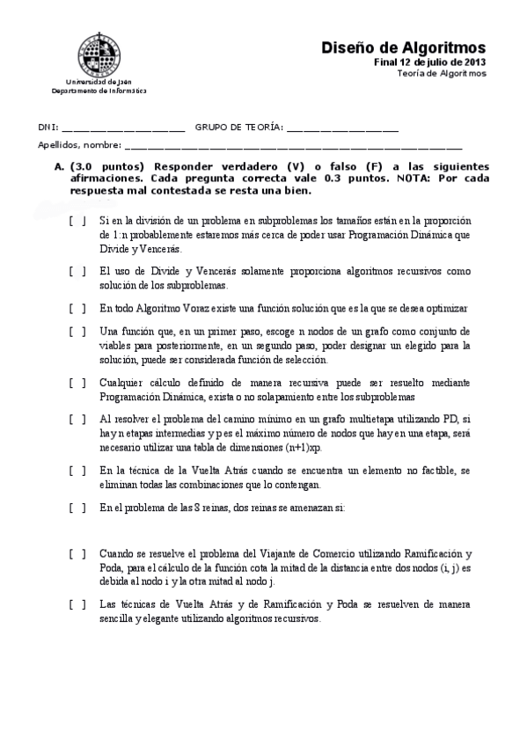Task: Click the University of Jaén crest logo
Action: (x=99, y=55)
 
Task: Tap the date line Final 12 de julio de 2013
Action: (x=429, y=62)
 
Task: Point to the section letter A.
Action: (x=59, y=165)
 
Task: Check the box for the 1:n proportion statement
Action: (x=77, y=221)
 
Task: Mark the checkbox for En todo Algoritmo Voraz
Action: (x=77, y=308)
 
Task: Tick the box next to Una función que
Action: (x=77, y=331)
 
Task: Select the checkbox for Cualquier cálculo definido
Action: (x=77, y=383)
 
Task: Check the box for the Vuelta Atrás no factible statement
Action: (x=77, y=471)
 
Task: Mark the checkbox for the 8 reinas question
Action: (x=77, y=508)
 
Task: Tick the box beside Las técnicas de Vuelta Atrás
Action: (x=77, y=604)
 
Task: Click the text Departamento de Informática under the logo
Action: (x=99, y=91)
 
